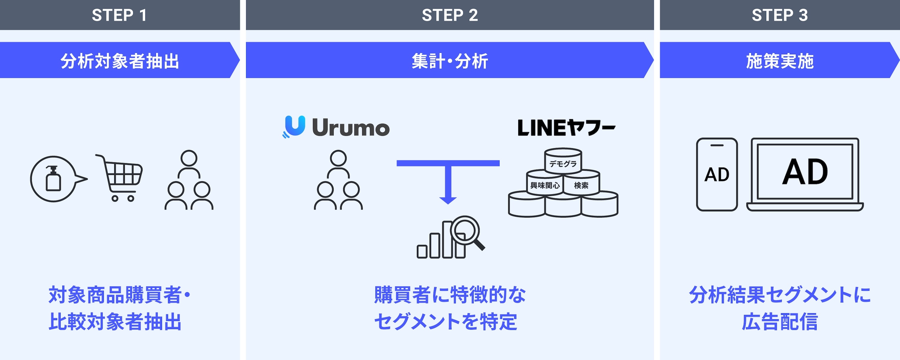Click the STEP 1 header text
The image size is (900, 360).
(x=119, y=15)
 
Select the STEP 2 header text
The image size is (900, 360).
(x=450, y=15)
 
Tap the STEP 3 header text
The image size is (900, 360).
(x=779, y=15)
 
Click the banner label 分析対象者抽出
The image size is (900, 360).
(x=119, y=61)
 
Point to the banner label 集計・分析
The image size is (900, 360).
(x=450, y=61)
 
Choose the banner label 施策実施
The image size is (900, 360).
(x=779, y=61)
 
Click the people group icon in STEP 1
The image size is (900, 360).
(x=189, y=180)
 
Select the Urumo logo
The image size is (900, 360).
(x=336, y=127)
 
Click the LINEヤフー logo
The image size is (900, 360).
(x=566, y=127)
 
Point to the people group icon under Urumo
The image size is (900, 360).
(x=338, y=180)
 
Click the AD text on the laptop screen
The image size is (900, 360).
(x=805, y=172)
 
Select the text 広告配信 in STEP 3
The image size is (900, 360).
(x=779, y=322)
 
